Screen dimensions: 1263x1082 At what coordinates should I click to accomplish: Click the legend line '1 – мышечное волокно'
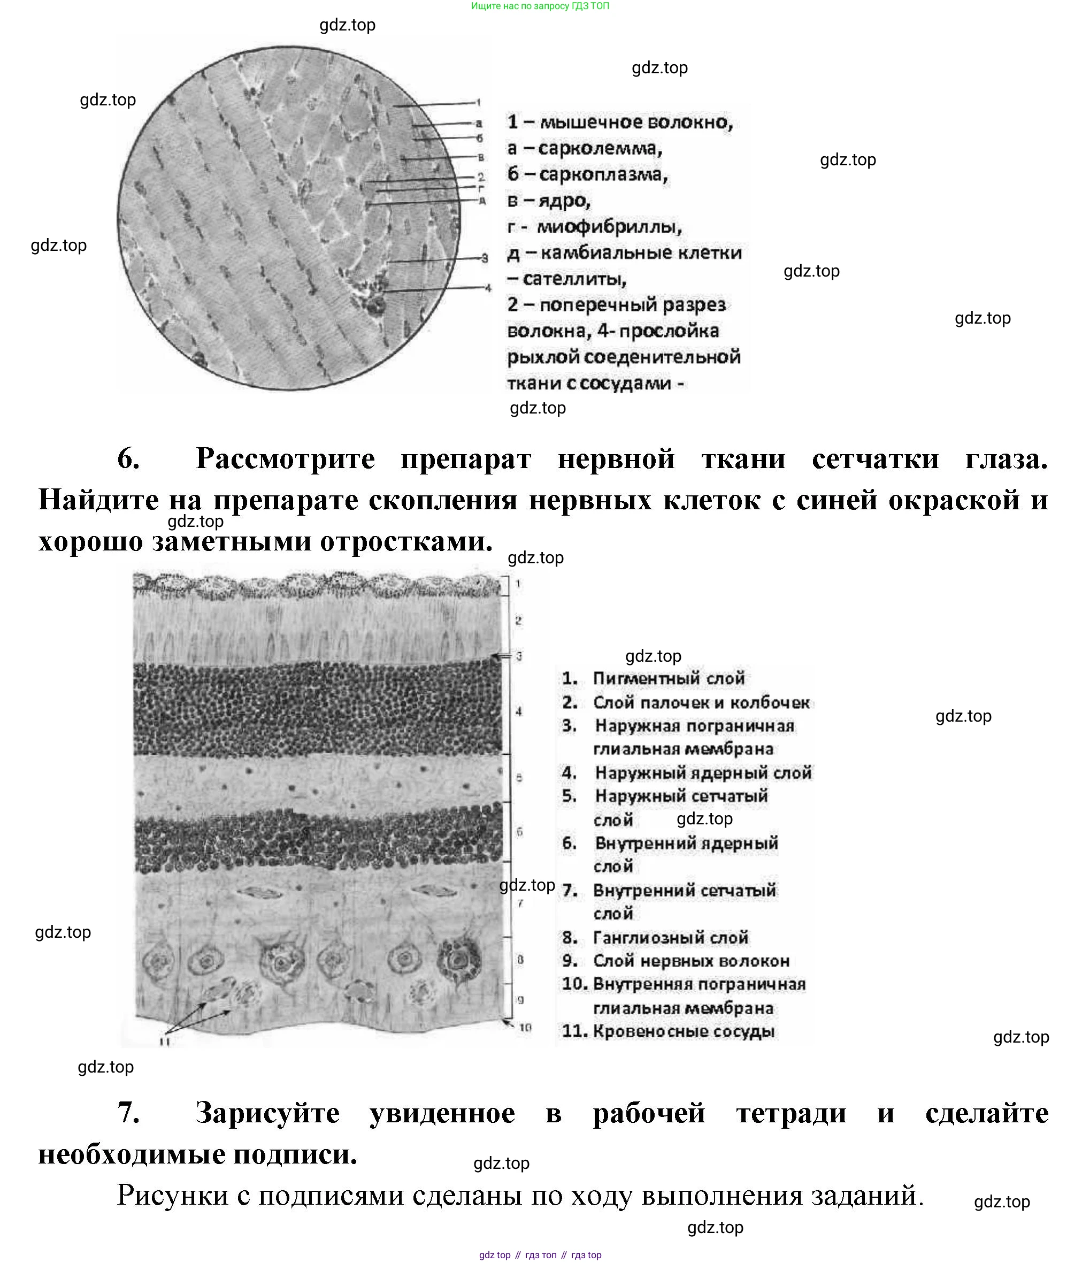(x=619, y=123)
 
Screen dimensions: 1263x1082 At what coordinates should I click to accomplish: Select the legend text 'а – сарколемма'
(x=584, y=149)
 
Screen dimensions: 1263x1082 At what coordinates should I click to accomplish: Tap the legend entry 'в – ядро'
(x=549, y=201)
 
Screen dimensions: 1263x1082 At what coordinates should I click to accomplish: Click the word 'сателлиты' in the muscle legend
(x=574, y=279)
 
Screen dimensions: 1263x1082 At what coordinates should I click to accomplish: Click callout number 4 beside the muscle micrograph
(x=487, y=288)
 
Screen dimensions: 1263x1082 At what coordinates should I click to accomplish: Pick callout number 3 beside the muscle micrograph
(x=485, y=258)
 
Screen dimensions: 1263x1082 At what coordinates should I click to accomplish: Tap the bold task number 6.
(x=128, y=458)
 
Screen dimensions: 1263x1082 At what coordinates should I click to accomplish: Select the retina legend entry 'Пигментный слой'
(x=668, y=678)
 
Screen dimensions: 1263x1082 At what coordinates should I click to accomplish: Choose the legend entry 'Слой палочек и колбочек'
(x=701, y=702)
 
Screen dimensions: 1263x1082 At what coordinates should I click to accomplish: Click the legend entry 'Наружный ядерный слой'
(x=703, y=773)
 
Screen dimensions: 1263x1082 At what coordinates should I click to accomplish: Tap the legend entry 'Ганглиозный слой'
(x=670, y=938)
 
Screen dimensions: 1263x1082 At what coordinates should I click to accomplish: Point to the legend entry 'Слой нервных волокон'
(x=690, y=961)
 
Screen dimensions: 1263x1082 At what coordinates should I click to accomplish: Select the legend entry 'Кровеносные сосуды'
(x=684, y=1031)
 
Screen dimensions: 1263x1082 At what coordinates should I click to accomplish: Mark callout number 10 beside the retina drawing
(x=525, y=1028)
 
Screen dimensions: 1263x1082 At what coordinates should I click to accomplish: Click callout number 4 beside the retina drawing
(x=519, y=711)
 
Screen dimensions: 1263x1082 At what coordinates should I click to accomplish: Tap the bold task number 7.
(x=128, y=1113)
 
